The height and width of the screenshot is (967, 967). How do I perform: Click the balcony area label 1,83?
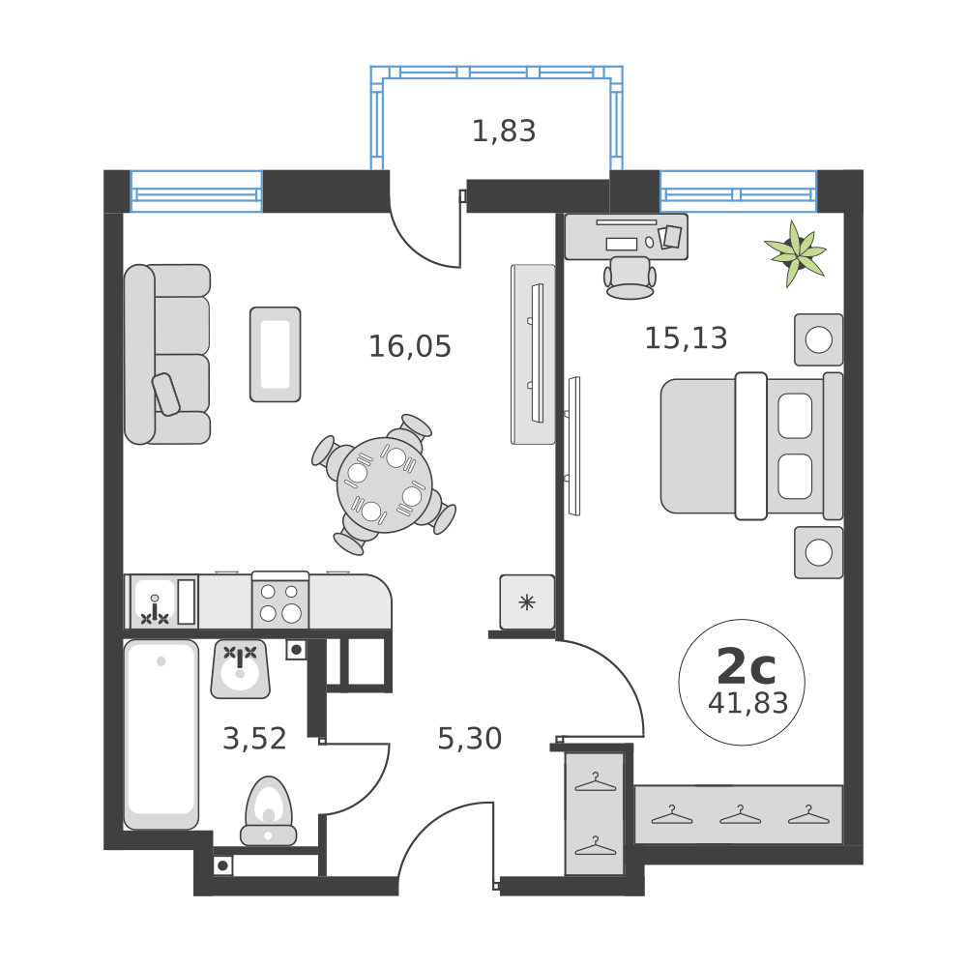[x=503, y=131]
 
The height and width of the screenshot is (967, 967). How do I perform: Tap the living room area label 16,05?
[x=409, y=346]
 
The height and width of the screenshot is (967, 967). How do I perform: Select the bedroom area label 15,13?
[x=686, y=337]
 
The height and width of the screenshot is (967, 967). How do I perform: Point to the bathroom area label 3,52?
[x=254, y=739]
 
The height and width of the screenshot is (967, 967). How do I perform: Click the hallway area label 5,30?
[x=469, y=739]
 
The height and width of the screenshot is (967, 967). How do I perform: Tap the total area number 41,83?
[x=747, y=703]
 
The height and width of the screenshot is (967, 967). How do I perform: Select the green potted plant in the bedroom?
[x=796, y=253]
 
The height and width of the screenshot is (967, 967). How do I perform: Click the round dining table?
[x=384, y=484]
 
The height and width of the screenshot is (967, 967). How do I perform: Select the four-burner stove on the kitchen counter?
[x=279, y=602]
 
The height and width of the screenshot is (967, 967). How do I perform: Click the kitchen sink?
[x=155, y=602]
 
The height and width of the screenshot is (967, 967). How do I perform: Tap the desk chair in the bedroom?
[x=630, y=276]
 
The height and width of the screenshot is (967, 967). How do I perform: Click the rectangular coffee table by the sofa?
[x=275, y=354]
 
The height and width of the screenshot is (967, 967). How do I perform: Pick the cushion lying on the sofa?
[x=166, y=394]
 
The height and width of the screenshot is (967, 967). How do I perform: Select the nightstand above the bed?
[x=818, y=339]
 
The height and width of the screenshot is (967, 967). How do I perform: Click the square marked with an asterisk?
[x=527, y=602]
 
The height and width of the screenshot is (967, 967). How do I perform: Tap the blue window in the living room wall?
[x=196, y=190]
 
